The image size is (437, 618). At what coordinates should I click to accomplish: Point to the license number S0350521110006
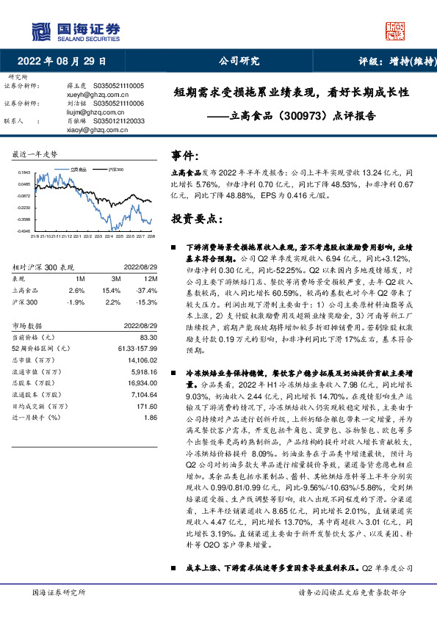[x=119, y=104]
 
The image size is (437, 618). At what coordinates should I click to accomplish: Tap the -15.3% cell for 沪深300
[x=148, y=302]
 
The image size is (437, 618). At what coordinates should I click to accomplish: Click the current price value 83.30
[x=148, y=337]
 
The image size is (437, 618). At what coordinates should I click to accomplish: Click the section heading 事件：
[x=185, y=156]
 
